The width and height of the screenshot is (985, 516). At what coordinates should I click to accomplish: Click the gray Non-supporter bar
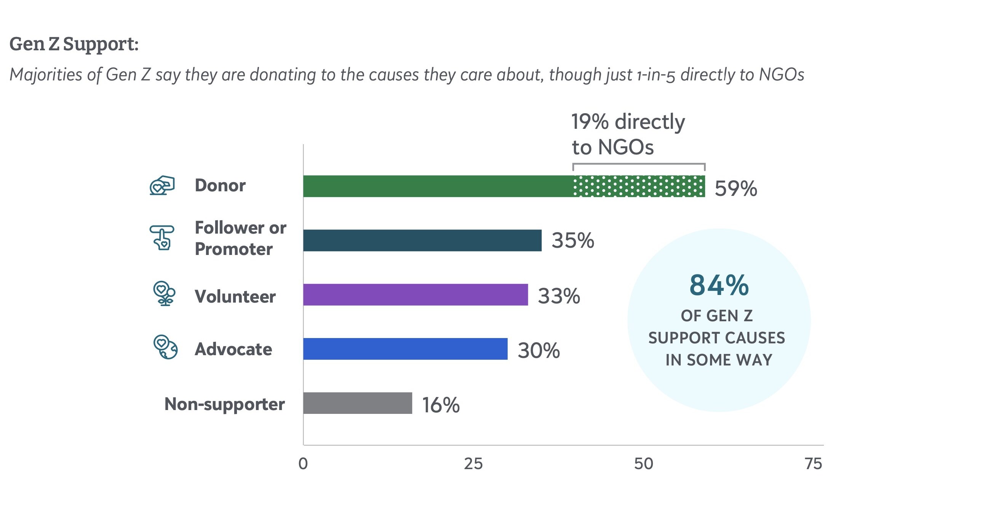click(x=358, y=403)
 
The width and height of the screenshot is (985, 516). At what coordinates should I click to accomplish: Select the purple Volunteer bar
click(x=415, y=295)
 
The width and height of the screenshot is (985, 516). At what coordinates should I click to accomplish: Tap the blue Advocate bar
click(x=405, y=348)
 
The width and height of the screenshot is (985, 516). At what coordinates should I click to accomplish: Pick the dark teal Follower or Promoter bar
click(x=422, y=240)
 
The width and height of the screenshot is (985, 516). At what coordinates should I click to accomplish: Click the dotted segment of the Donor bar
click(x=638, y=186)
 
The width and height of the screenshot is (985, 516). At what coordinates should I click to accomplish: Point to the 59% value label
click(x=735, y=188)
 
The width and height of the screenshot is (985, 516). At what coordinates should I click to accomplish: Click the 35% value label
click(x=572, y=240)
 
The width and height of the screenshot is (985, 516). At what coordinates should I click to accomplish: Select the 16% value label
click(x=440, y=405)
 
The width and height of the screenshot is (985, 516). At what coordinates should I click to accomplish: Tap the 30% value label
click(x=538, y=350)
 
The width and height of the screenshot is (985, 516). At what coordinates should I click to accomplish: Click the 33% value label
click(x=559, y=296)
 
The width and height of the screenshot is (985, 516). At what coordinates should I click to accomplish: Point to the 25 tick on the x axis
click(x=473, y=463)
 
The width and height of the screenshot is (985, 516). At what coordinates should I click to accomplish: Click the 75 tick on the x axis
click(x=813, y=463)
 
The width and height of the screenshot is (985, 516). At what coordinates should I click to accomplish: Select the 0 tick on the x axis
click(x=303, y=463)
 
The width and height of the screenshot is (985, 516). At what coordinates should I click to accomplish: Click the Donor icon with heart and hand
click(x=162, y=186)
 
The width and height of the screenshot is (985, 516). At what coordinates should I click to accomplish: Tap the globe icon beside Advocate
click(x=165, y=347)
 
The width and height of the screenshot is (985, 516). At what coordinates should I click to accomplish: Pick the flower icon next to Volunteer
click(x=165, y=293)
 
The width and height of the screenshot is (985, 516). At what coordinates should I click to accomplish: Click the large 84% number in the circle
click(x=718, y=285)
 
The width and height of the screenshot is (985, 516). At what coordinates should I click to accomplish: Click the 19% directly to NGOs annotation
click(x=628, y=134)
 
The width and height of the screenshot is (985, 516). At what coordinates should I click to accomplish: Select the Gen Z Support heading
click(x=74, y=43)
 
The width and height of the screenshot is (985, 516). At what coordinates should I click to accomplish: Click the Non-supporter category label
click(x=224, y=404)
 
